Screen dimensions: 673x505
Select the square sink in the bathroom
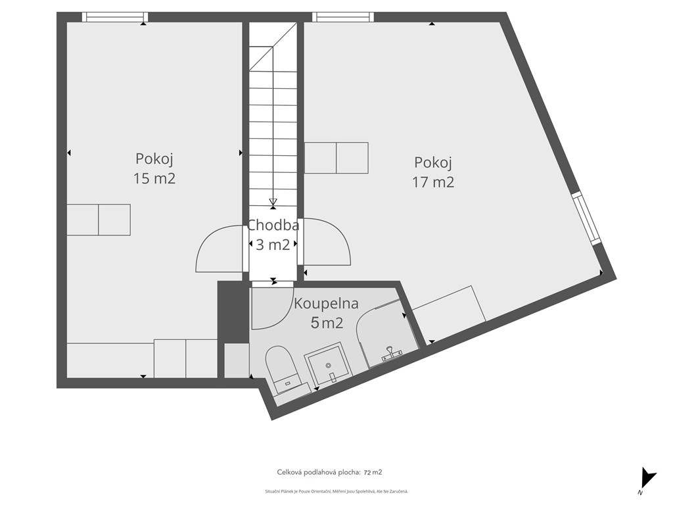329,364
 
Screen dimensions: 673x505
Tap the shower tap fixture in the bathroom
390,353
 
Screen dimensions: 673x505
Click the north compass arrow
647,478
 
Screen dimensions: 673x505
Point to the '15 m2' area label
154,178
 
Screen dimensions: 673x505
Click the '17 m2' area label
433,182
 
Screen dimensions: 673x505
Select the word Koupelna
326,304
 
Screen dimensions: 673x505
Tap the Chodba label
273,225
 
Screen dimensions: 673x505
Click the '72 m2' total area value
373,472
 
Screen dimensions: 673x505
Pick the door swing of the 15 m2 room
220,249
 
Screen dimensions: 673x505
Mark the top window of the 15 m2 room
115,16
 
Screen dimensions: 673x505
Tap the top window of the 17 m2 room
343,16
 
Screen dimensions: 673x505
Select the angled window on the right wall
586,218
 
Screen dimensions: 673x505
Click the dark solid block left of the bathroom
233,312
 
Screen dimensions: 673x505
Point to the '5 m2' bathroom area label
327,323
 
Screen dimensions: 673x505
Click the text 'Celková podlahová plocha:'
319,472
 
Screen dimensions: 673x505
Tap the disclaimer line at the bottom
336,491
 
